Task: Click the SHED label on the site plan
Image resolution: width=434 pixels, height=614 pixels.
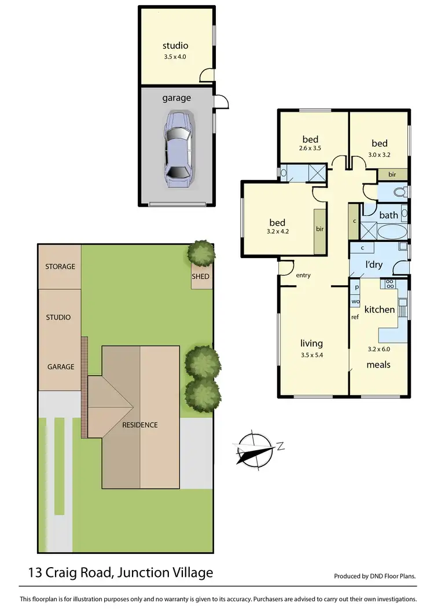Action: coord(200,277)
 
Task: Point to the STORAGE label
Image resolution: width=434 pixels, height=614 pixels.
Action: coord(60,267)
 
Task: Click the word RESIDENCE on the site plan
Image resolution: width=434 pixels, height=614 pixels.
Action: coord(139,425)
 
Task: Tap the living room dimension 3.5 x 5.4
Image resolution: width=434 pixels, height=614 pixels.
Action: coord(311,354)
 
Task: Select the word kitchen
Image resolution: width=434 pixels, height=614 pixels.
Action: coord(379,310)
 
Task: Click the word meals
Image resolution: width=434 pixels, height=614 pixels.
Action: coord(378,365)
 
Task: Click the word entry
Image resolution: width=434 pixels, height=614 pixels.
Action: coord(303,275)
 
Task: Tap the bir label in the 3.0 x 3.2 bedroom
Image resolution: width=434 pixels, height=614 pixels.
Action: coord(392,174)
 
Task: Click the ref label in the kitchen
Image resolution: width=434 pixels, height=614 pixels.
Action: coord(355,317)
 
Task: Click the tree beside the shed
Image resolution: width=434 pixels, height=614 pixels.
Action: coord(201,252)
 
